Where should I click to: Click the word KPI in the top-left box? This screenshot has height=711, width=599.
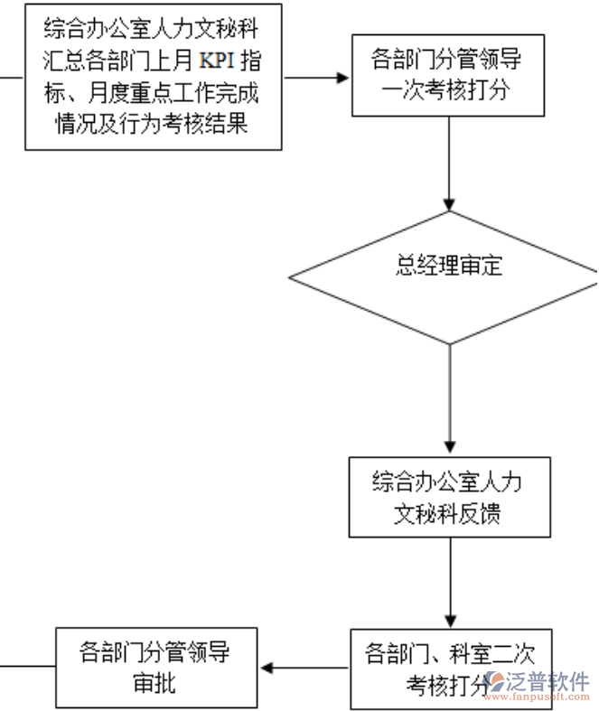pyautogui.click(x=218, y=62)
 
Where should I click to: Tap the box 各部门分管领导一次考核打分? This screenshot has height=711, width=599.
pyautogui.click(x=448, y=77)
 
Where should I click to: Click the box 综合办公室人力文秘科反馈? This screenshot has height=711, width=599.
pyautogui.click(x=449, y=497)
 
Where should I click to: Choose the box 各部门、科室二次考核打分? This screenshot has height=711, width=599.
pyautogui.click(x=449, y=669)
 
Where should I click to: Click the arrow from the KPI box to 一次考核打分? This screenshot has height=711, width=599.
pyautogui.click(x=316, y=77)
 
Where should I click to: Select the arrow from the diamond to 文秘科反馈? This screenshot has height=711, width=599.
pyautogui.click(x=449, y=398)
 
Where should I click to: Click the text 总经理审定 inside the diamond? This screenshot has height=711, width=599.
pyautogui.click(x=449, y=266)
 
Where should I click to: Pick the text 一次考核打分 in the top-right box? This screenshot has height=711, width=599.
pyautogui.click(x=448, y=91)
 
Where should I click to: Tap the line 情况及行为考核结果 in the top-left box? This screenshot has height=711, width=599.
pyautogui.click(x=153, y=123)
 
